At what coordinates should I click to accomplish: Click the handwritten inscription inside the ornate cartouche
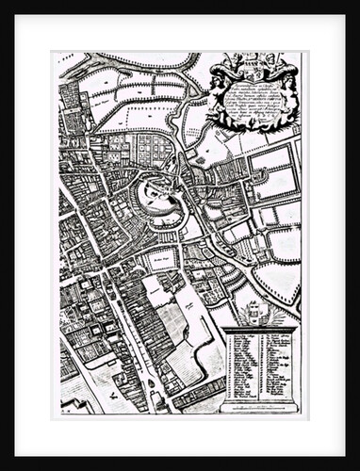point(254,99)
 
